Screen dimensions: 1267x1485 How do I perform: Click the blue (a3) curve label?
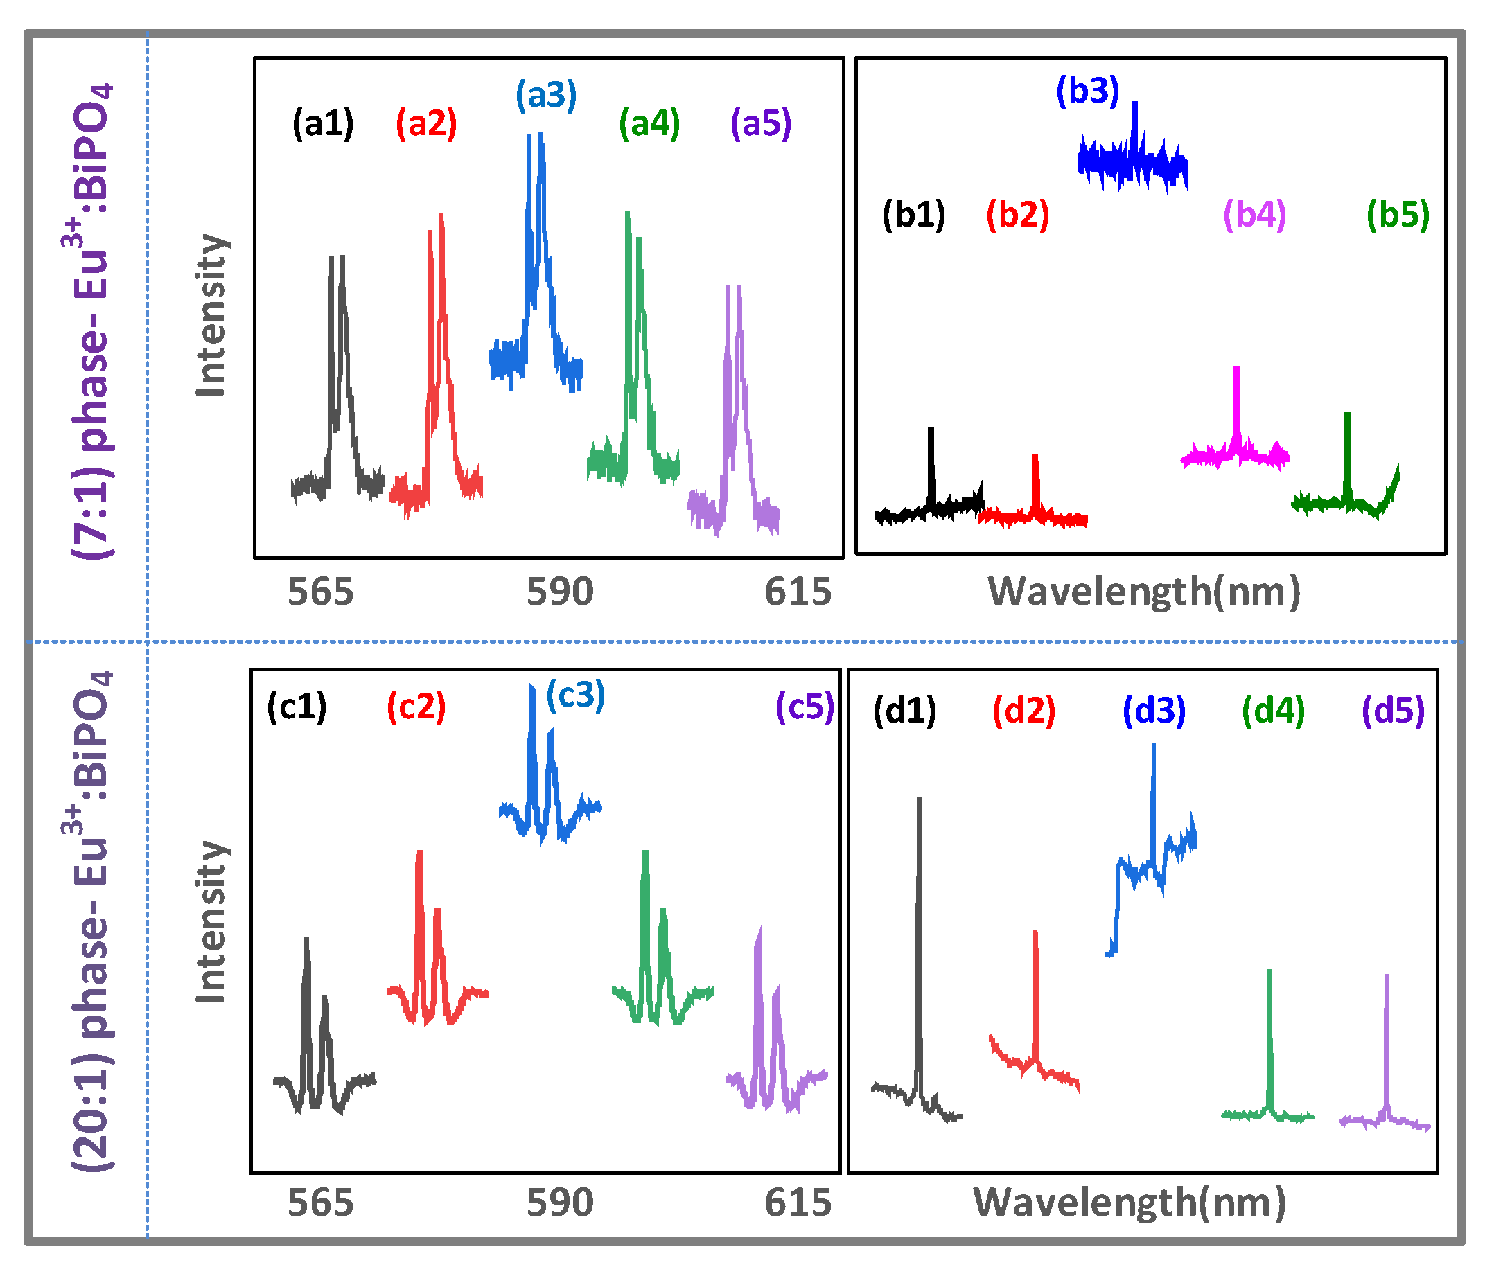click(546, 95)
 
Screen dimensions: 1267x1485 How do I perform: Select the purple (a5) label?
click(760, 123)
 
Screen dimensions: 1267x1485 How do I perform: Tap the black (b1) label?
click(914, 214)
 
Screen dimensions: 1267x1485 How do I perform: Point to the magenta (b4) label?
click(1254, 214)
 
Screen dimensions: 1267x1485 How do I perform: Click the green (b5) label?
click(1398, 214)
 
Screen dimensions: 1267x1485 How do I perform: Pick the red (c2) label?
click(416, 707)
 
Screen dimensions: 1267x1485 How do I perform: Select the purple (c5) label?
click(805, 707)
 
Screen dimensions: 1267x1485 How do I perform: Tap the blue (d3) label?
click(1154, 711)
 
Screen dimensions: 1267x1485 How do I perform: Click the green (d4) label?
click(1274, 711)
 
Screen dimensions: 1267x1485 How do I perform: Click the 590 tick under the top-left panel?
click(560, 592)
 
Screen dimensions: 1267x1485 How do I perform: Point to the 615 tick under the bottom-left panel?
click(798, 1203)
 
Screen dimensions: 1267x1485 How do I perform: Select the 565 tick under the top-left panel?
click(320, 592)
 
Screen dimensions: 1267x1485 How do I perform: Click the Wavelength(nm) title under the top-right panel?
click(1144, 592)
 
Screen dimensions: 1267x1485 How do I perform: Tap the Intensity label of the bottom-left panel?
click(211, 921)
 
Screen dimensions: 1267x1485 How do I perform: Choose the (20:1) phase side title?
click(93, 921)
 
